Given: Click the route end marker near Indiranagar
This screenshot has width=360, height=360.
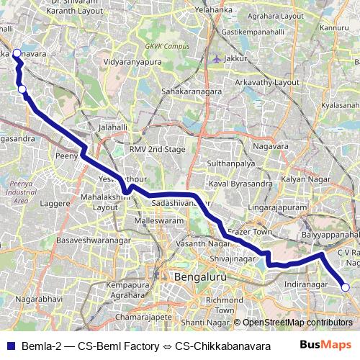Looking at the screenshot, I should click(346, 287).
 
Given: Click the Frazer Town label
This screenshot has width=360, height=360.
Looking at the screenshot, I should click(249, 233).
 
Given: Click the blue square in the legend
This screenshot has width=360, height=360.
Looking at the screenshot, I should click(9, 346).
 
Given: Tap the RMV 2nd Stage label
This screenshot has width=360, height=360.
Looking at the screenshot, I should click(158, 149).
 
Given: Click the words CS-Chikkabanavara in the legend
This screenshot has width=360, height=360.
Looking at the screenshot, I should click(226, 346).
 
